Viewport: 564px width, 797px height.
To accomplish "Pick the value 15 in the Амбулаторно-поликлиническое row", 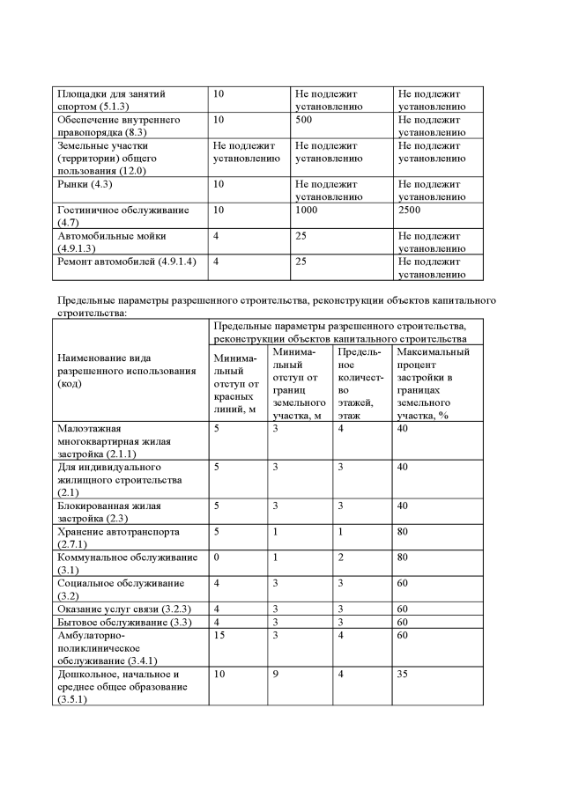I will pyautogui.click(x=220, y=637).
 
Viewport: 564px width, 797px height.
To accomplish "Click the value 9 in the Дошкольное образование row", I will pyautogui.click(x=276, y=675).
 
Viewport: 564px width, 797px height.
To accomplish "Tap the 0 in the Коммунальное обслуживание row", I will pyautogui.click(x=217, y=557).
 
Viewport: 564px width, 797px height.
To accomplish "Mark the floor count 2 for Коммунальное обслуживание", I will pyautogui.click(x=341, y=557).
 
